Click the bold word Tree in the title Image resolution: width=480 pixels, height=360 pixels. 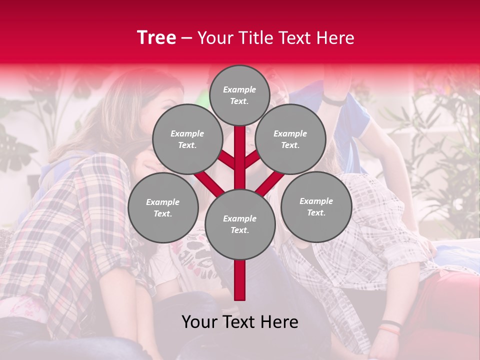coord(156,38)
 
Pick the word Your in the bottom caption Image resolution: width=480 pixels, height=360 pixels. coord(199,322)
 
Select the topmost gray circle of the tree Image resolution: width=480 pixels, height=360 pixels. coord(239,95)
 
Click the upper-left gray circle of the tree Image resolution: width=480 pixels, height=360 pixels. coord(187,139)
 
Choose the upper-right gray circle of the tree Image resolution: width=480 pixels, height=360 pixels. coord(290,139)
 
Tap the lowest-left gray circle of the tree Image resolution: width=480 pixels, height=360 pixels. coord(162,207)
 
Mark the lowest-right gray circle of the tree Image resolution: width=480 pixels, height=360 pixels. coord(316,206)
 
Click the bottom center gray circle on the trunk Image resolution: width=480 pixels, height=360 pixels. coord(239,224)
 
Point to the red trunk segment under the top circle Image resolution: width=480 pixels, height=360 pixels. coord(239,150)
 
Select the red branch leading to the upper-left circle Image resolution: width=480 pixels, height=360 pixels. coord(226,160)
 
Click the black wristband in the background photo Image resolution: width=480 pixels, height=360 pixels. coord(390,323)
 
